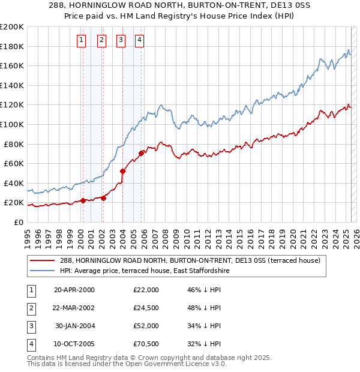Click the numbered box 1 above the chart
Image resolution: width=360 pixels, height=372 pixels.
coord(82,40)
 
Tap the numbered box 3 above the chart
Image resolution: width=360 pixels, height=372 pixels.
coord(121,40)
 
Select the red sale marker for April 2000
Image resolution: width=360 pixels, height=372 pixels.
coord(83,200)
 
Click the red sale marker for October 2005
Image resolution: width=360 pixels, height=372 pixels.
coord(141,153)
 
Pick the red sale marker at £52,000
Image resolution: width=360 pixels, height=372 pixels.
coord(122,171)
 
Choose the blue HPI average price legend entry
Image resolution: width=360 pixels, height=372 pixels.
coord(145,271)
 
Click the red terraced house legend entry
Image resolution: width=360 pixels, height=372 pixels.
coord(191,260)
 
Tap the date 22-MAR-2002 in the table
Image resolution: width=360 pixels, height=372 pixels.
coord(74,308)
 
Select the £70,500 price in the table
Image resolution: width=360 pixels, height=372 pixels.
coord(146,344)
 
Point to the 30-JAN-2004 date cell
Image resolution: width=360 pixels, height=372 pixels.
coord(75,326)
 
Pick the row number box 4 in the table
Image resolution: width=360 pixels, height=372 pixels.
coord(29,344)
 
